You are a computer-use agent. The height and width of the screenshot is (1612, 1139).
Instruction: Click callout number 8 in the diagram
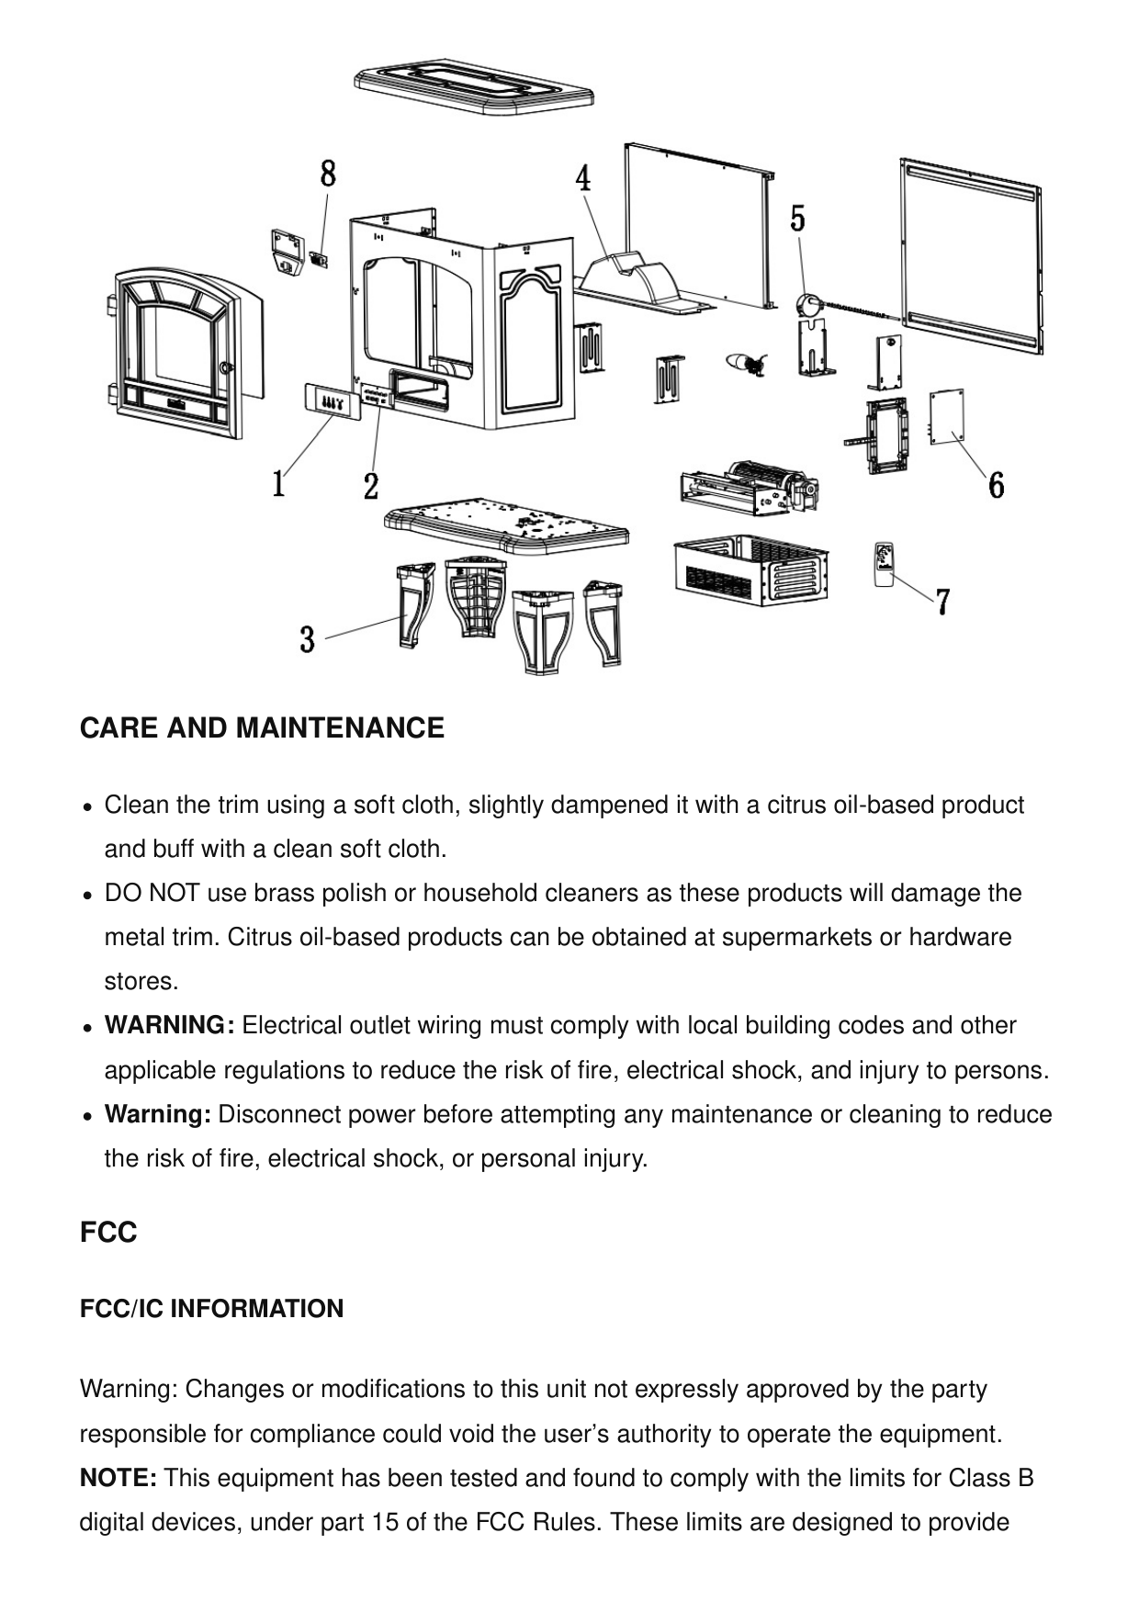pos(328,173)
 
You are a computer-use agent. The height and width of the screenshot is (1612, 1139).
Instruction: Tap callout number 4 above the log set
pos(583,178)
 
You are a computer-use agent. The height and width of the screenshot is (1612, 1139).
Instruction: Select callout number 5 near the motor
pos(798,219)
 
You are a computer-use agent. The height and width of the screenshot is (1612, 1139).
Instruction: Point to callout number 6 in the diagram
pos(996,484)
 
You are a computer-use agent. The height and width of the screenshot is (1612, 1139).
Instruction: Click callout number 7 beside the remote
pos(943,603)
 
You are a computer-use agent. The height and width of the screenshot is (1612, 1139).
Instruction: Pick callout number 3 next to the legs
pos(308,639)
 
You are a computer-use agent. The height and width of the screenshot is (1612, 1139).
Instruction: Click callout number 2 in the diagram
pos(371,486)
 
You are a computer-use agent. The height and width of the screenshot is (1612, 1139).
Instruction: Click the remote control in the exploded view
pos(884,562)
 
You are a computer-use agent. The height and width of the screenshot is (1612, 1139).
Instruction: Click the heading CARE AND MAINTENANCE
pos(262,728)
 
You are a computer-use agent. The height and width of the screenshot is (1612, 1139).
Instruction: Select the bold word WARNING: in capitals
pos(170,1025)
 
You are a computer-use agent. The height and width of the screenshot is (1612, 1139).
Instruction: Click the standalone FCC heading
pos(108,1232)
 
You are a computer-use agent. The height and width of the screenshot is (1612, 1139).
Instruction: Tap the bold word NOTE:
pos(118,1478)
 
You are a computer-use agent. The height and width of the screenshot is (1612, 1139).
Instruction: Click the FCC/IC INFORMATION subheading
pos(212,1309)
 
